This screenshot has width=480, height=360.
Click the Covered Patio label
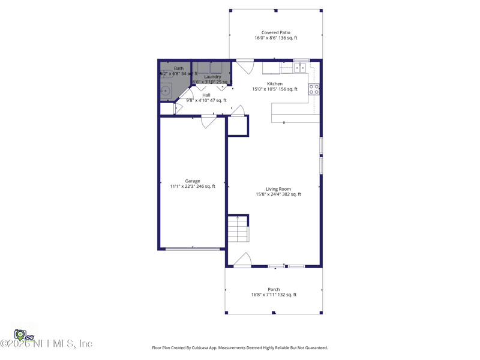[275, 32]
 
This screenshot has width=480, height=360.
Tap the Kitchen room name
[275, 84]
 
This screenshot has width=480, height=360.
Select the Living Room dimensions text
[278, 194]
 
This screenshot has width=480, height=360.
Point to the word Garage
[193, 181]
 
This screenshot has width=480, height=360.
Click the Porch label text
[274, 289]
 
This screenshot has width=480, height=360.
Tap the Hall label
[206, 95]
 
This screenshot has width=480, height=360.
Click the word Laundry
[212, 77]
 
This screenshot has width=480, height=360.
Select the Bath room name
[179, 68]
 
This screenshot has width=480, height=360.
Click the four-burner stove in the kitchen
[314, 89]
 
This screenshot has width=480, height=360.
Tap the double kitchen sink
[300, 68]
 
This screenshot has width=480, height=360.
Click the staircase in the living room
[238, 229]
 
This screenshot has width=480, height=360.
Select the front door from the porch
[242, 260]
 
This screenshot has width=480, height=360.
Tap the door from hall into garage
[209, 121]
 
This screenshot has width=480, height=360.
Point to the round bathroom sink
[166, 91]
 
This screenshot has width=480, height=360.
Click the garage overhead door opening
[192, 248]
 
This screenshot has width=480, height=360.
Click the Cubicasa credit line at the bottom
[240, 348]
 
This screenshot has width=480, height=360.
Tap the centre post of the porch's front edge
[274, 313]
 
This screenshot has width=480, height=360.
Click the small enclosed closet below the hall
[238, 126]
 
